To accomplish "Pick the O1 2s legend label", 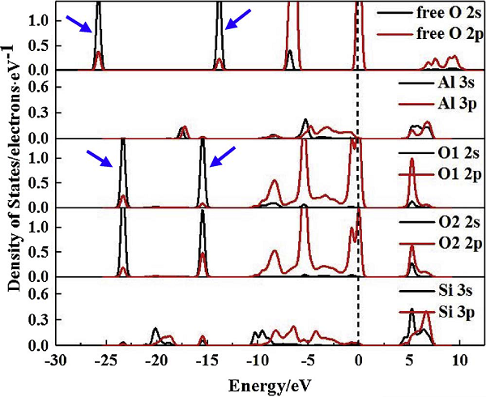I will pyautogui.click(x=437, y=152).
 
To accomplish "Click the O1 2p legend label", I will pyautogui.click(x=437, y=172).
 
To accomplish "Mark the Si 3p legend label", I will pyautogui.click(x=437, y=311).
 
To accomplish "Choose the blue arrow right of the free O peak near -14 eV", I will pyautogui.click(x=238, y=19).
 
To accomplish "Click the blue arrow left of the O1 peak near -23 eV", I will pyautogui.click(x=100, y=156).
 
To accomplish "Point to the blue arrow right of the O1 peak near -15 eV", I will pyautogui.click(x=224, y=156).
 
